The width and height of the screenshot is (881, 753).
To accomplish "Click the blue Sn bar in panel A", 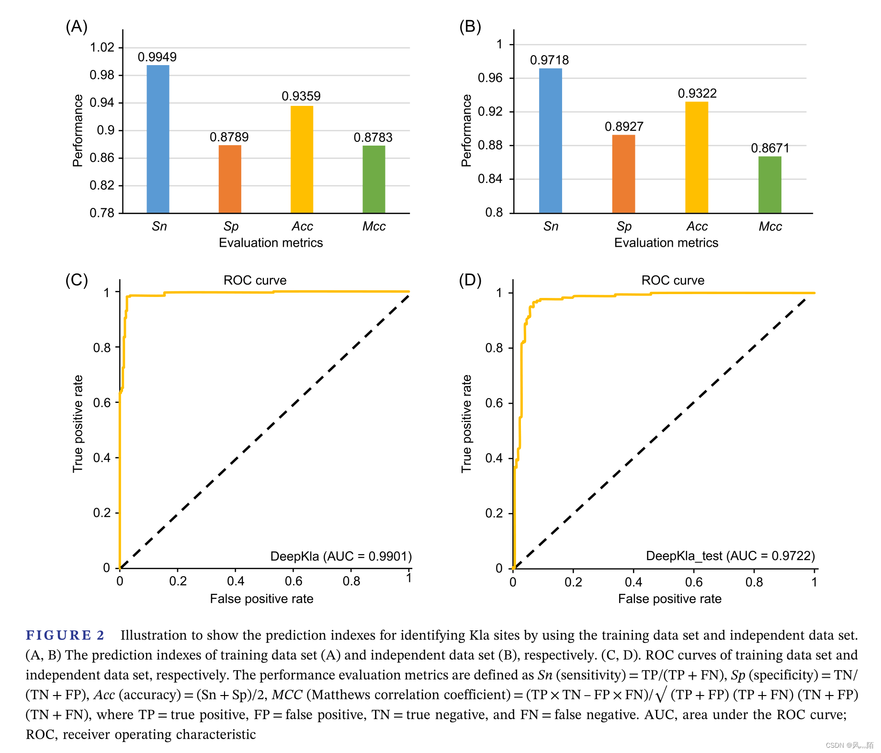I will (158, 139).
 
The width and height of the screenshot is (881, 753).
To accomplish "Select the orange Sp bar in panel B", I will (623, 174).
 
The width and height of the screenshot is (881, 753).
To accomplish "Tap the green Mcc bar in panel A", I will (373, 179).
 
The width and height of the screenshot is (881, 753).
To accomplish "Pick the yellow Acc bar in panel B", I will (696, 157).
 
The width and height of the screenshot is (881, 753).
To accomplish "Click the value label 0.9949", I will (157, 57).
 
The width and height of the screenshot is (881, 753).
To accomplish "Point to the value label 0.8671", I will (769, 148).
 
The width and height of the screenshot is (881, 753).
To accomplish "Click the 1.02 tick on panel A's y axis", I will (102, 47).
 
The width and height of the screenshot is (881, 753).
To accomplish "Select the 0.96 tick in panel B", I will (490, 78).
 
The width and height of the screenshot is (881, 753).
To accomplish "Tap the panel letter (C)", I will (77, 280).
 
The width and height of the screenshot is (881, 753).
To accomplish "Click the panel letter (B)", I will (470, 26).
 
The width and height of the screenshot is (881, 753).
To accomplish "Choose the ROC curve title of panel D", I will (673, 280).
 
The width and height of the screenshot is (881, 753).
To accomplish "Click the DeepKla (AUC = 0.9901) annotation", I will (341, 556).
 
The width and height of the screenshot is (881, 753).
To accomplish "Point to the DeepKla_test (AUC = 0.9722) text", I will (730, 556).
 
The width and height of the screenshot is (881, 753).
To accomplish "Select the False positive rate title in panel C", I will (261, 599).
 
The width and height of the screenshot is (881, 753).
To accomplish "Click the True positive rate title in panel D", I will (466, 424).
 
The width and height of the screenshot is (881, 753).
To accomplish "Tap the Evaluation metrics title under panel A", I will (271, 243).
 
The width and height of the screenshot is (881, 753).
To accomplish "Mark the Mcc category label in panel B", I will (770, 227).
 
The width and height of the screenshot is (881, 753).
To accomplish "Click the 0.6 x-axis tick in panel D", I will (694, 582).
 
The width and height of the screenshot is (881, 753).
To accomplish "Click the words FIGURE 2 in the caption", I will (65, 635).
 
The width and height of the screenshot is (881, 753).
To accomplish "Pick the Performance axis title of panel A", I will (78, 130).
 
